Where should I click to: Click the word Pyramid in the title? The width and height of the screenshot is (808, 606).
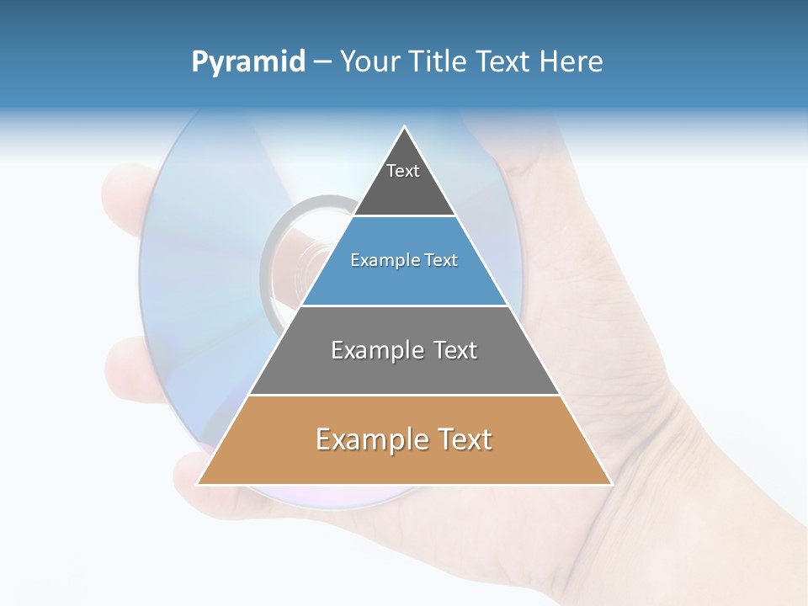tap(248, 62)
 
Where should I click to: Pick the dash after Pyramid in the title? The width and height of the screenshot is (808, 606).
tap(322, 62)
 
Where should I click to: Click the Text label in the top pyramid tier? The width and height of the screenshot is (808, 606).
tap(403, 171)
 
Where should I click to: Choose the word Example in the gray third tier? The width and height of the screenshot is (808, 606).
tap(377, 350)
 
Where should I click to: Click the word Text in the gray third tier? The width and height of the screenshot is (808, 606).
tap(455, 350)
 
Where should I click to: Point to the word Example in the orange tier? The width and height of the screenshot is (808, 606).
tap(369, 439)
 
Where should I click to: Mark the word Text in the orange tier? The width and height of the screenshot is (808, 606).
tap(463, 439)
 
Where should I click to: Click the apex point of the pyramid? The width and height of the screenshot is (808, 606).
tap(405, 127)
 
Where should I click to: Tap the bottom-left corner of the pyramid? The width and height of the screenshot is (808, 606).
tap(198, 484)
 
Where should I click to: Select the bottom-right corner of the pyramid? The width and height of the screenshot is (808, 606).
tap(611, 484)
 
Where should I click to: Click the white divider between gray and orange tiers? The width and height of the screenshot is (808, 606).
tap(404, 395)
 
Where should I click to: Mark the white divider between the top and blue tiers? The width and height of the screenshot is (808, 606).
tap(404, 216)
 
